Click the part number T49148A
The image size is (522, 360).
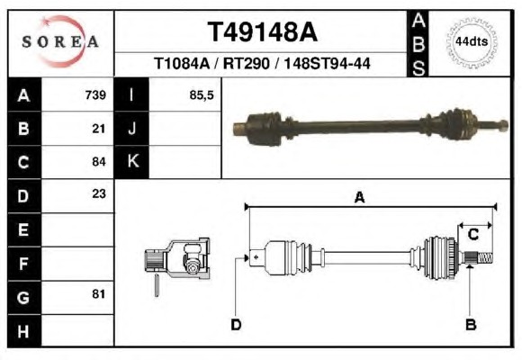(x=262, y=32)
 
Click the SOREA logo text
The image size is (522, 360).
(x=60, y=41)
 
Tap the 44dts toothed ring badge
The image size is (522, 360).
(x=472, y=42)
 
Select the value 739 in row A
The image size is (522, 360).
(x=95, y=95)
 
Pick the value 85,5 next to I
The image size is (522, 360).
(x=202, y=95)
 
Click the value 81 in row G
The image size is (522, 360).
(x=99, y=294)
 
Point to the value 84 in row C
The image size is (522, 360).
(x=99, y=162)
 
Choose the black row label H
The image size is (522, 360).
(x=24, y=331)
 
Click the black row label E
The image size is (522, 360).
(x=24, y=229)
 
